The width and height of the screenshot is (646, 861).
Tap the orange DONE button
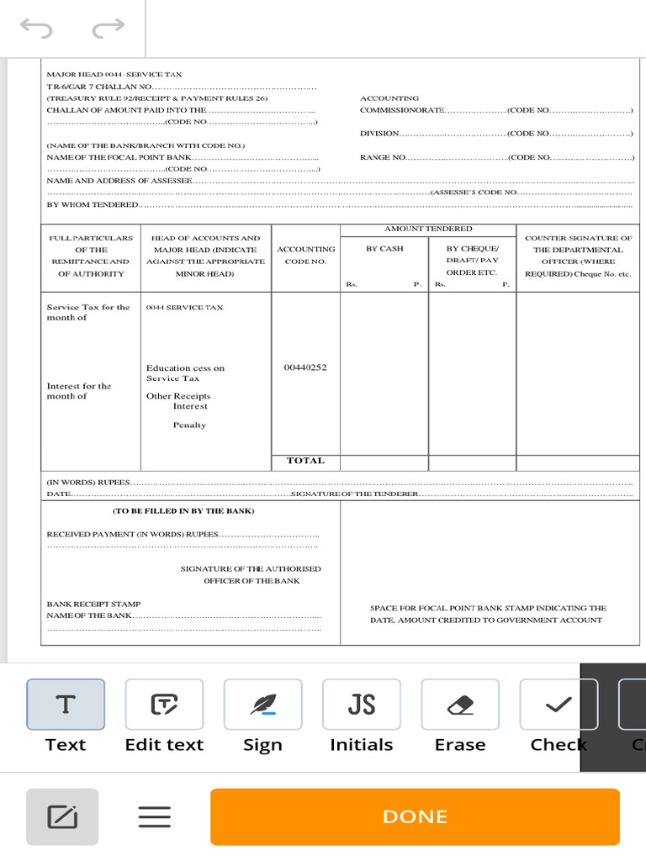click(x=415, y=816)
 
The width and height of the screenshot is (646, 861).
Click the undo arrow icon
click(x=36, y=29)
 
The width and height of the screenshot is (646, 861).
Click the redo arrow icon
click(x=108, y=29)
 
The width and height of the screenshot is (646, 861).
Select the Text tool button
click(x=66, y=705)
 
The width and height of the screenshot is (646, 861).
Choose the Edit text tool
click(x=164, y=705)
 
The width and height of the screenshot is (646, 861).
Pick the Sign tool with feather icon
click(x=262, y=705)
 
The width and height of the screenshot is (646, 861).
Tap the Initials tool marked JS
click(x=361, y=705)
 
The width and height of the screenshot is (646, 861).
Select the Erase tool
click(x=460, y=705)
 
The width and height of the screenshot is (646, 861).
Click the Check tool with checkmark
click(x=559, y=705)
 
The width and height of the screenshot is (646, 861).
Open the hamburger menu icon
click(x=155, y=816)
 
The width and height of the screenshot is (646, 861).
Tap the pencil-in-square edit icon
click(x=62, y=816)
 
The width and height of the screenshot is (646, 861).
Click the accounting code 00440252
click(x=305, y=367)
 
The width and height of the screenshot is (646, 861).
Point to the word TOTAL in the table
click(x=305, y=461)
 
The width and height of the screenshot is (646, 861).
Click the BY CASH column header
click(x=384, y=249)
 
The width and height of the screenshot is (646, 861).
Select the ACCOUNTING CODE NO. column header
click(x=305, y=255)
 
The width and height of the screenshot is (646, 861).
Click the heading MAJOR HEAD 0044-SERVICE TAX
click(x=114, y=75)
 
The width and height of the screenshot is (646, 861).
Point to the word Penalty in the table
click(x=189, y=425)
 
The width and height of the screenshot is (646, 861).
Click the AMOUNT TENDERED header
click(x=428, y=229)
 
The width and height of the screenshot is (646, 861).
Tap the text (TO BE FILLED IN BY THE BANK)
click(x=183, y=510)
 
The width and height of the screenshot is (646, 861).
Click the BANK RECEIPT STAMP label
click(x=93, y=604)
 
